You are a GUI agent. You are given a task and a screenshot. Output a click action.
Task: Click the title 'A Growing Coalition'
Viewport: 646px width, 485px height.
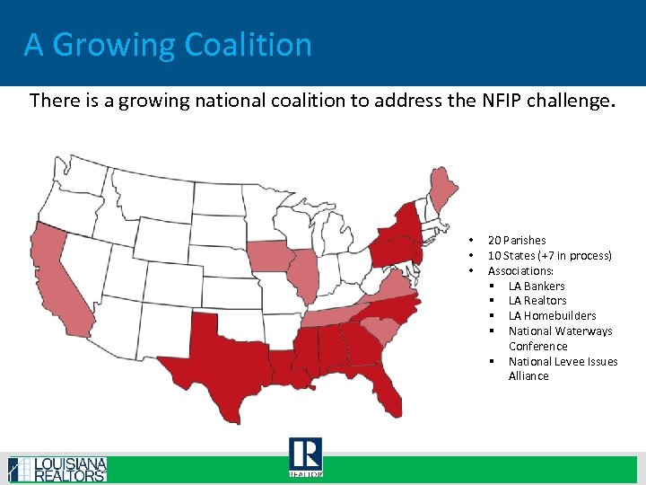[x=168, y=44]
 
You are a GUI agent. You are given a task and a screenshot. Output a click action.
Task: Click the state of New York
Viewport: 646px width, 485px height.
[x=401, y=229]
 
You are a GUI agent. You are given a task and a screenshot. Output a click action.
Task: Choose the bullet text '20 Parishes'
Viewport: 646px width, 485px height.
[x=516, y=241]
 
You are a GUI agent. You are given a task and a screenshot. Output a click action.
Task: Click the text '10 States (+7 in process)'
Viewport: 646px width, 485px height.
[x=549, y=256]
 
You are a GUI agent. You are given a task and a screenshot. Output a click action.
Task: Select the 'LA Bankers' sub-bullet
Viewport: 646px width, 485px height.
[x=537, y=286]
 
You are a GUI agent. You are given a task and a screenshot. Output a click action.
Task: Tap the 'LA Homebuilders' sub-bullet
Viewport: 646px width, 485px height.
[x=552, y=316]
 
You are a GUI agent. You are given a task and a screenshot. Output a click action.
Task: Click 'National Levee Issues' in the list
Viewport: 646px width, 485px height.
[x=563, y=361]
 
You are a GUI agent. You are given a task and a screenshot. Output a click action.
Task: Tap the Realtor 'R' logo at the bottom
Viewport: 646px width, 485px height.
[x=305, y=456]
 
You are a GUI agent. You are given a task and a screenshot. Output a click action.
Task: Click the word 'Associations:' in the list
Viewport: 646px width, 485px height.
[x=520, y=270]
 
